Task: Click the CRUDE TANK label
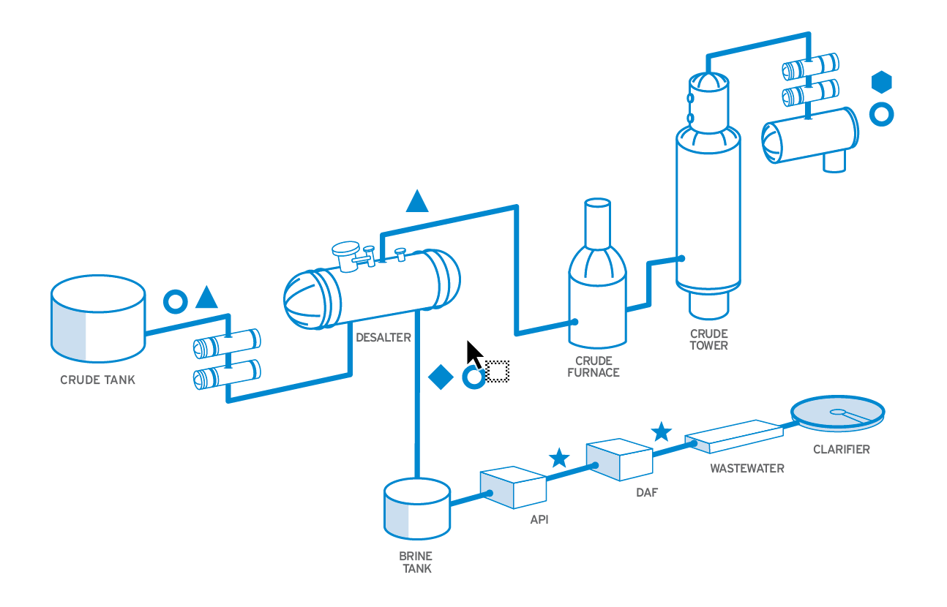coord(97,380)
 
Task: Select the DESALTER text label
coord(383,337)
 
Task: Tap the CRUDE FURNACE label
coord(597,366)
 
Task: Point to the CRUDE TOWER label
coord(708,339)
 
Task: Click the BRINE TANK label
coord(416,562)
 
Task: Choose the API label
coord(539,520)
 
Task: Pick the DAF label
coord(646,492)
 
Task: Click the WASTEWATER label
coord(746,468)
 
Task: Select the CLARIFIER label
coord(841,449)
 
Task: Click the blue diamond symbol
coord(441,377)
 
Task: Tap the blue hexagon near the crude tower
coord(882,82)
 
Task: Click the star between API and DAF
coord(559,459)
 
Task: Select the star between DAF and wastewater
coord(662,431)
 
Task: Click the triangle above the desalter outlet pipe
coord(417,201)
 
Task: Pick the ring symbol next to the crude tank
coord(175,300)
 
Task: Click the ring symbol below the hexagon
coord(881,115)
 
